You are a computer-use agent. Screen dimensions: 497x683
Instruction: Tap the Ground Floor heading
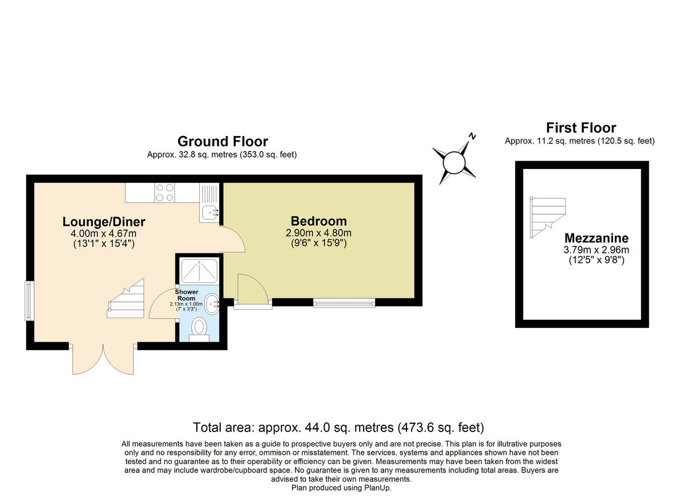(223, 141)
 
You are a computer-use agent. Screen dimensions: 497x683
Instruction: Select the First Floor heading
(581, 128)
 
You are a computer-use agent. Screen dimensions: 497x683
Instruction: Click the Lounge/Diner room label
(104, 222)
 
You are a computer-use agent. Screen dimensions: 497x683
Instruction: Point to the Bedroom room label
(318, 221)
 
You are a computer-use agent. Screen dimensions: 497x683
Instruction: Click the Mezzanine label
(596, 238)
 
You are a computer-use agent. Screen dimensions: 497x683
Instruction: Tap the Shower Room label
(186, 295)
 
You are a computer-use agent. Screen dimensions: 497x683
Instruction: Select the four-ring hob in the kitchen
(164, 192)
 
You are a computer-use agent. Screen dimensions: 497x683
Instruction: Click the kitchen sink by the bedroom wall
(209, 212)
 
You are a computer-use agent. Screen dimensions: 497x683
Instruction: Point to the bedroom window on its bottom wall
(344, 303)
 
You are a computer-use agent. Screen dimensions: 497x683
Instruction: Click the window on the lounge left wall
(28, 300)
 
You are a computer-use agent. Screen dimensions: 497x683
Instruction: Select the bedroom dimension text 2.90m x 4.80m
(318, 233)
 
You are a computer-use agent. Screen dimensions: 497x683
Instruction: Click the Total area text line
(338, 427)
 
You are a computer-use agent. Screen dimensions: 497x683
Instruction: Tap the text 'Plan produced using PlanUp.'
(341, 487)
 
